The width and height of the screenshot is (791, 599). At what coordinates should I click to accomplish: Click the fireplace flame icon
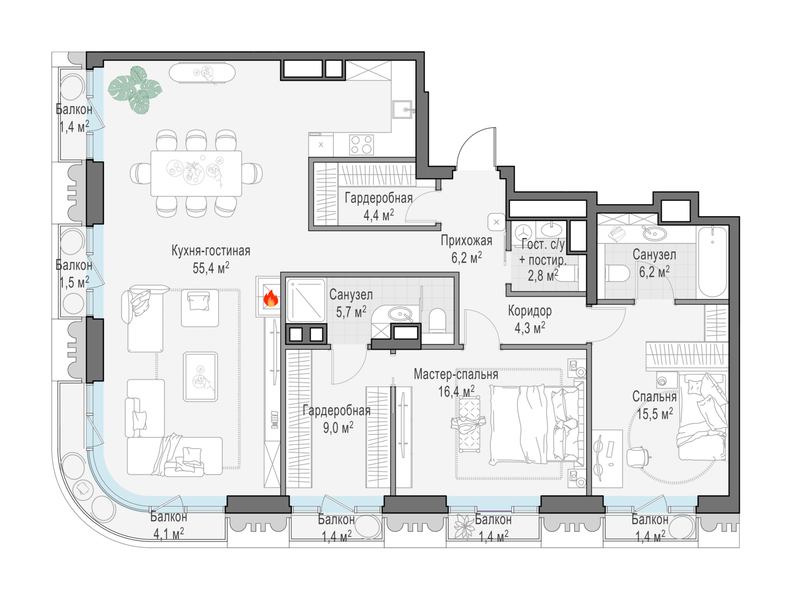[x=271, y=298]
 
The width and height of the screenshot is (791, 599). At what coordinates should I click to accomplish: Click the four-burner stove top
[x=361, y=145]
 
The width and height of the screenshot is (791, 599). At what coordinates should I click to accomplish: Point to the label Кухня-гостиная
[x=211, y=250]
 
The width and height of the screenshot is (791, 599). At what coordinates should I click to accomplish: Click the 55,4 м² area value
[x=211, y=268]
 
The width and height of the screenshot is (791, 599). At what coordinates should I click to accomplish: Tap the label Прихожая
[x=466, y=240]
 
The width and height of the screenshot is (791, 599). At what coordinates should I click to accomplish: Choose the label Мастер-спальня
[x=456, y=374]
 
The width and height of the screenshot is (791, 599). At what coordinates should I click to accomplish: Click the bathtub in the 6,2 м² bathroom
[x=712, y=262]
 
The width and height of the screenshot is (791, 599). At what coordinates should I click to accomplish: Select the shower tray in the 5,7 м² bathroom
[x=306, y=300]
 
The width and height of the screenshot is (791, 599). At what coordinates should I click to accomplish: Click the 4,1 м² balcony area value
[x=169, y=534]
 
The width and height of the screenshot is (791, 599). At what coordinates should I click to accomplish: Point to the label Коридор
[x=530, y=311]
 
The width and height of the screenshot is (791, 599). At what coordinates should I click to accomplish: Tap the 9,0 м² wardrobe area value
[x=338, y=428]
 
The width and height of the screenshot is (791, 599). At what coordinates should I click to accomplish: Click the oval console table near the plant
[x=202, y=73]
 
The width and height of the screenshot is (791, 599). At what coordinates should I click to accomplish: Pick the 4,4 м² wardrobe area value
[x=379, y=215]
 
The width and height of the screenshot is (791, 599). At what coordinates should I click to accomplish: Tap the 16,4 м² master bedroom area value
[x=456, y=391]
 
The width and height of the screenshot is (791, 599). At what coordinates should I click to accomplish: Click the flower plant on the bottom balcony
[x=464, y=527]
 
